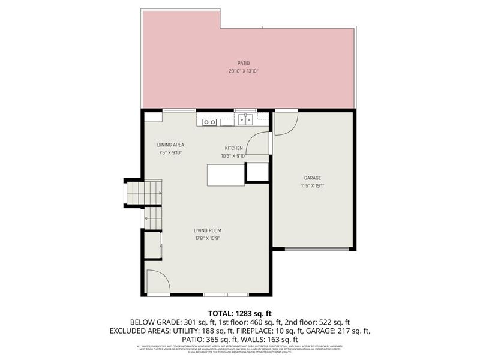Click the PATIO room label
pyautogui.click(x=243, y=63)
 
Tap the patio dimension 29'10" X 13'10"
pyautogui.click(x=243, y=71)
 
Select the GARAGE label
pyautogui.click(x=312, y=178)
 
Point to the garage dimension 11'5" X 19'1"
pyautogui.click(x=312, y=185)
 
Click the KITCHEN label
pyautogui.click(x=233, y=148)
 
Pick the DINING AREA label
pyautogui.click(x=170, y=145)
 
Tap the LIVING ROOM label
pyautogui.click(x=208, y=230)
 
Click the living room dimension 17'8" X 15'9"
pyautogui.click(x=208, y=238)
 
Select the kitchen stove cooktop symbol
pyautogui.click(x=209, y=122)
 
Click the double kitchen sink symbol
pyautogui.click(x=245, y=120)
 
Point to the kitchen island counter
pyautogui.click(x=226, y=175)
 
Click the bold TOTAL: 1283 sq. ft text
pyautogui.click(x=239, y=313)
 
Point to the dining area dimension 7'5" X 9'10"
pyautogui.click(x=170, y=152)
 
